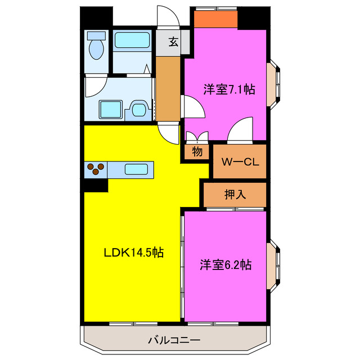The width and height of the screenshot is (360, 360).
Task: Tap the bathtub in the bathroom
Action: click(x=132, y=42)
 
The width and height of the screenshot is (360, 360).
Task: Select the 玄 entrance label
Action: click(x=173, y=42)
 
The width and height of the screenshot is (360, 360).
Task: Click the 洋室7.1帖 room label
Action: click(x=228, y=89)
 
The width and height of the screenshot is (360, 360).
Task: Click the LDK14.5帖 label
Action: click(x=133, y=253)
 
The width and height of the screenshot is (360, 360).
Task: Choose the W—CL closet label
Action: click(x=239, y=162)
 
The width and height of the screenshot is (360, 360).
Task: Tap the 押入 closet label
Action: click(x=235, y=195)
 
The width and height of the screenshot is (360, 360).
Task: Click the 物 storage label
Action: click(x=196, y=151)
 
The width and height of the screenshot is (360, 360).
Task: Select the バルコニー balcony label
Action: click(x=173, y=340)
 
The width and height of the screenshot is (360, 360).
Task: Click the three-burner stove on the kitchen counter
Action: click(x=96, y=168)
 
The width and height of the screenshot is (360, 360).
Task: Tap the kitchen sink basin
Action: click(x=137, y=168)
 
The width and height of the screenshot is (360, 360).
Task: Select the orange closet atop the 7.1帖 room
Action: click(x=216, y=20)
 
